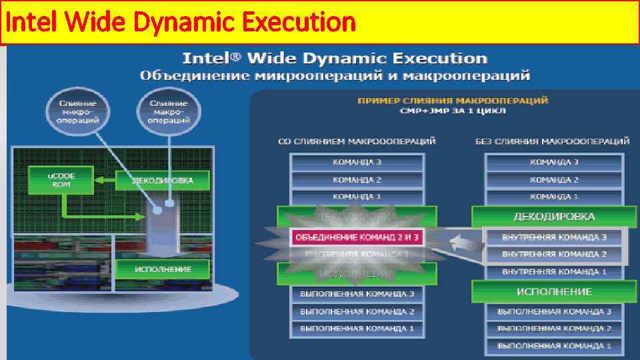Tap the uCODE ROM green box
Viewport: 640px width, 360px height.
[61, 180]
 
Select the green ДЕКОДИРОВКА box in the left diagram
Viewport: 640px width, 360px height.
[163, 180]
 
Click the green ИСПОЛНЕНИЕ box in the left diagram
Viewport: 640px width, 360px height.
[163, 269]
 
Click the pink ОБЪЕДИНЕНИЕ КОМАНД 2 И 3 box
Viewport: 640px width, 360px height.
[357, 237]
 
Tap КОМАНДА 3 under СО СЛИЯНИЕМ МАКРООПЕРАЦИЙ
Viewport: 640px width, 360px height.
[357, 162]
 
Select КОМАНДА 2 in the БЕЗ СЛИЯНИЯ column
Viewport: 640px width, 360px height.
[554, 179]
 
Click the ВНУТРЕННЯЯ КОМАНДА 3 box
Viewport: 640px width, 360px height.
[554, 237]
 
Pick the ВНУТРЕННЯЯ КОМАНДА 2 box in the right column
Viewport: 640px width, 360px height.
[554, 254]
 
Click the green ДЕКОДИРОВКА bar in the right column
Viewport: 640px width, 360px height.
[554, 217]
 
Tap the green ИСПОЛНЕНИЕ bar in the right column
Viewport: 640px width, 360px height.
[554, 291]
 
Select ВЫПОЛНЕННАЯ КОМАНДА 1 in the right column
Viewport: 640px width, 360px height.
[554, 345]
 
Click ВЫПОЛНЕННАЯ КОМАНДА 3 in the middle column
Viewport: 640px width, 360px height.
[357, 293]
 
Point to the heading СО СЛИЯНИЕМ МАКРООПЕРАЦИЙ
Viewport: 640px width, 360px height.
[357, 141]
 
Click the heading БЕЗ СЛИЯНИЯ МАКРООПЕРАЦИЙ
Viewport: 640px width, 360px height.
[553, 141]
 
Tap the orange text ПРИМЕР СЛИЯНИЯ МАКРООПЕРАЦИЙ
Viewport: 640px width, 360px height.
[453, 100]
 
